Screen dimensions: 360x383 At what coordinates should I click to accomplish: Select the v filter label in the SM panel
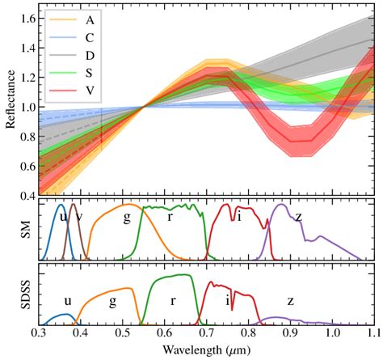(78, 216)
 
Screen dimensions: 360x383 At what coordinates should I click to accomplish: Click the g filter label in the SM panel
(127, 217)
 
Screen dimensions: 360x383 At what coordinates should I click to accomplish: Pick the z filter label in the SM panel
(298, 216)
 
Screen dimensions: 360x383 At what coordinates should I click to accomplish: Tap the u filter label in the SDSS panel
(68, 300)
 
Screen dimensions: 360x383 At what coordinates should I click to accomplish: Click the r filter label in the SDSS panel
(174, 300)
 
